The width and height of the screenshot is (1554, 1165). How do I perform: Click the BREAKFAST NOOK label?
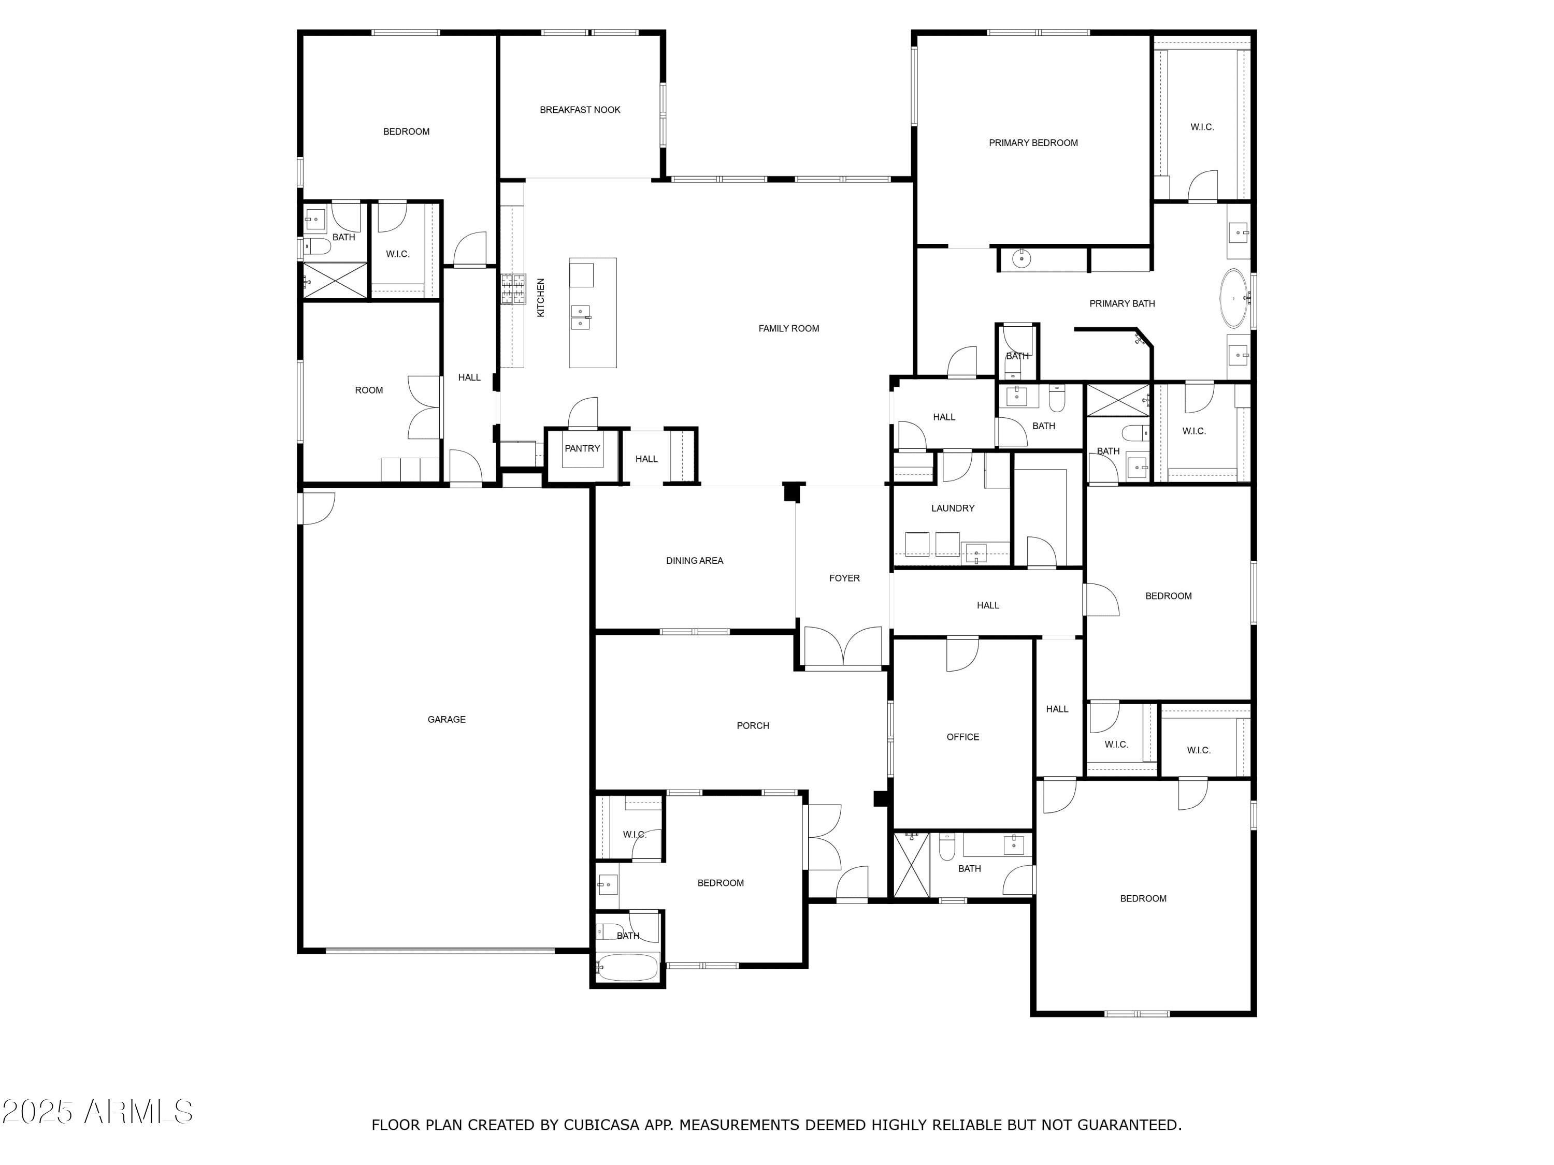(580, 110)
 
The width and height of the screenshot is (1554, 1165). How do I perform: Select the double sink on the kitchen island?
(580, 317)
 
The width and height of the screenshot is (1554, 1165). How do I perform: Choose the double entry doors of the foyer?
(843, 647)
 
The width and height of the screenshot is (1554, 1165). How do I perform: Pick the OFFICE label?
(962, 737)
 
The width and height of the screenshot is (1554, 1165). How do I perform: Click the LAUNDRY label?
(953, 508)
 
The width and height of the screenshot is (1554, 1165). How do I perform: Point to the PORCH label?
(753, 726)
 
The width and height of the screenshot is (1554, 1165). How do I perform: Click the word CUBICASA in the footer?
(601, 1126)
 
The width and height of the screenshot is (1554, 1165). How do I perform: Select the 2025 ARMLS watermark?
(98, 1112)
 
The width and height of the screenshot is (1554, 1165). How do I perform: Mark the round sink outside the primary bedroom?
(1021, 259)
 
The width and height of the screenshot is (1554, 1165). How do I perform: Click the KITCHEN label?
(541, 298)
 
